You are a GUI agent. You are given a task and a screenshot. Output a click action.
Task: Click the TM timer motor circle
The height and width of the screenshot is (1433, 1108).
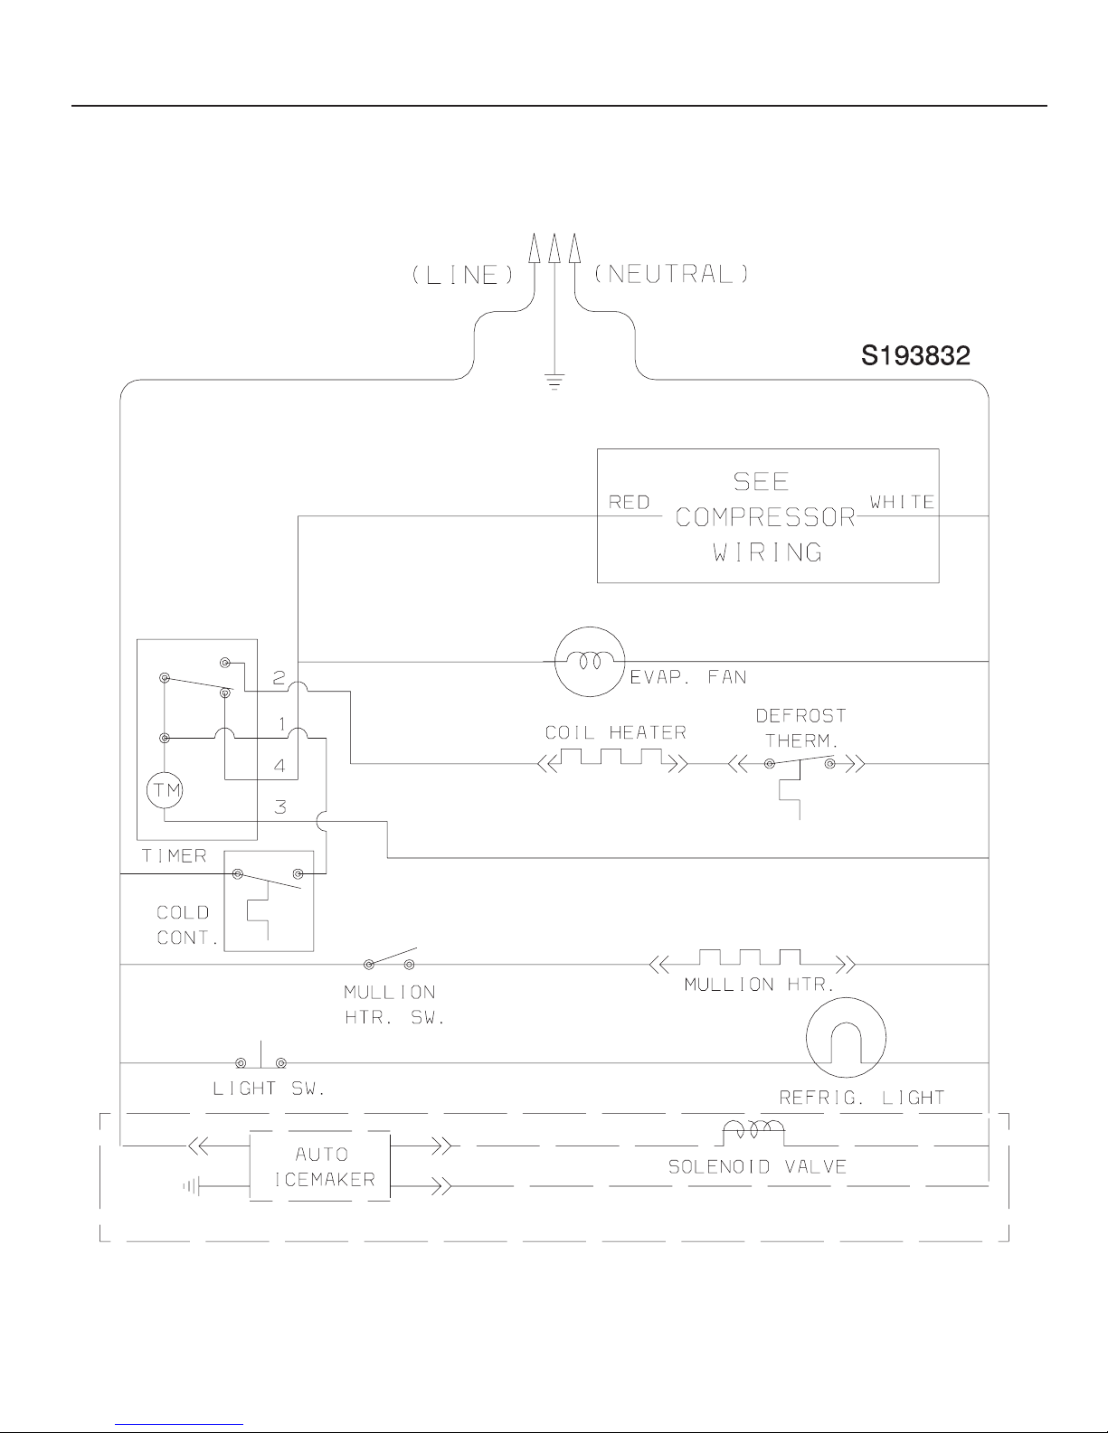[x=165, y=789]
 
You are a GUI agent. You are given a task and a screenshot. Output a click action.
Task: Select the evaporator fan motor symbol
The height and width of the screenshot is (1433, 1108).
[x=590, y=662]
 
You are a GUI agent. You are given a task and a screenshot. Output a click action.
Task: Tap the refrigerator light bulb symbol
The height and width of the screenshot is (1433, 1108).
[x=847, y=1037]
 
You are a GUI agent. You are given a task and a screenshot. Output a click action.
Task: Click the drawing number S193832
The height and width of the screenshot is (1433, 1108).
[x=915, y=356]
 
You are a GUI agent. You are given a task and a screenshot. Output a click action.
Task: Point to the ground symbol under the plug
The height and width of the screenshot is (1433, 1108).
[x=554, y=382]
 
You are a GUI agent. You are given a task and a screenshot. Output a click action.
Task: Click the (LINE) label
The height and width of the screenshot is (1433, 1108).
[x=463, y=274]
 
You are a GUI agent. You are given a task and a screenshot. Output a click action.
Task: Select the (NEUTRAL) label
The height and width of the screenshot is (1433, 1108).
[x=671, y=274]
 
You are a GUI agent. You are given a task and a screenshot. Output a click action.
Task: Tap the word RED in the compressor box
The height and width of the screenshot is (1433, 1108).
[x=630, y=503]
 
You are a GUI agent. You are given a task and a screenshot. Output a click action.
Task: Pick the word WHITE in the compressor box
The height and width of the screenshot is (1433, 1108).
[x=903, y=502]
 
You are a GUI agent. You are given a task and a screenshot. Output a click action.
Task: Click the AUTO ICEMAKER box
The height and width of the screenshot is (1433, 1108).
[x=320, y=1166]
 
